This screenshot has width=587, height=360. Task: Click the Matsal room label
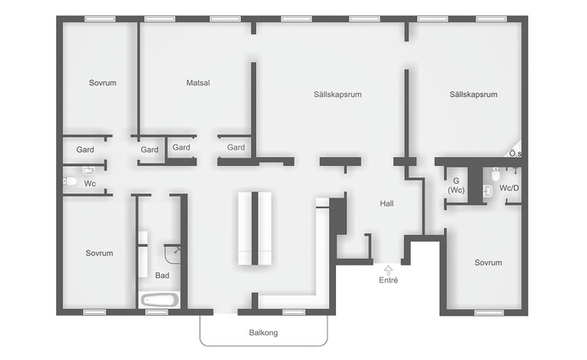coord(198,83)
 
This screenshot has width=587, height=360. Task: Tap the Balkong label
coord(264,333)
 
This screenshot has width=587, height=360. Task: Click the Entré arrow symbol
coord(389,271)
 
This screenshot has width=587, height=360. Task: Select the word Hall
coord(387,203)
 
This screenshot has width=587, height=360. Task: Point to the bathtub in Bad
coord(159,300)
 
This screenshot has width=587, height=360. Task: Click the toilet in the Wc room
coord(70,181)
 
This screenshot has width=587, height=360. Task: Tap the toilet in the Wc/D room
coord(496,174)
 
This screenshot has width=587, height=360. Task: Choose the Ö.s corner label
coord(516,153)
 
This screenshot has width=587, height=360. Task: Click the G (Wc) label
coord(456,186)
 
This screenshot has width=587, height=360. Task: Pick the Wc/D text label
coord(509,188)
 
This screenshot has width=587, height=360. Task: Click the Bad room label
coord(162,276)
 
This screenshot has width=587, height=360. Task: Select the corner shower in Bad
coord(172,254)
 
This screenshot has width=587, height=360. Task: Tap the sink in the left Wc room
coord(88,171)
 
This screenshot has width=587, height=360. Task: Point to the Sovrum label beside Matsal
coord(103,83)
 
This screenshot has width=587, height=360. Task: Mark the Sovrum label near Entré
coord(488,263)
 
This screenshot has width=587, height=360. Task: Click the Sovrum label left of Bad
coord(100,254)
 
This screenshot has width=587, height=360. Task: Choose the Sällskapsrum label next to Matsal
coord(338,94)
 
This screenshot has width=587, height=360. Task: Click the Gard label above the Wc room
coord(85,150)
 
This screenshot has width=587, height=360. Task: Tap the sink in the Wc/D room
coord(487,191)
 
